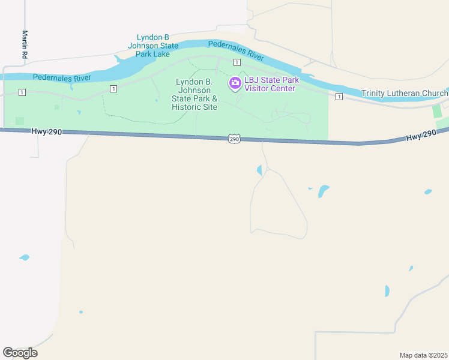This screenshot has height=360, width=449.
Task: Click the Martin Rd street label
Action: [x=25, y=44]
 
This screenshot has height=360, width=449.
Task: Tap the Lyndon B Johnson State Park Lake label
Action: [x=153, y=45]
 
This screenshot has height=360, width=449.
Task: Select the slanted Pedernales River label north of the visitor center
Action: [x=236, y=51]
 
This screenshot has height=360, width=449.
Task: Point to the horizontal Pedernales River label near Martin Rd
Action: [x=62, y=77]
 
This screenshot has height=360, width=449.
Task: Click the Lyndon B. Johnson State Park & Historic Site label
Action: [x=194, y=94]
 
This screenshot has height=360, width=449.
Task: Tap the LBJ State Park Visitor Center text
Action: [x=270, y=85]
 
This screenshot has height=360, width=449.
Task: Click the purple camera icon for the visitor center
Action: [x=235, y=83]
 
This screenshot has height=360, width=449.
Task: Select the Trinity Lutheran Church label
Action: [x=405, y=93]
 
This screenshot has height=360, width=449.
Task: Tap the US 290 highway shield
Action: [x=234, y=139]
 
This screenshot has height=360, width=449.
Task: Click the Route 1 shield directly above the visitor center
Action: [x=237, y=62]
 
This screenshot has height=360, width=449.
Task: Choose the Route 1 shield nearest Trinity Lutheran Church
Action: [x=339, y=97]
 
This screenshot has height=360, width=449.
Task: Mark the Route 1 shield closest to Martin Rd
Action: [x=22, y=92]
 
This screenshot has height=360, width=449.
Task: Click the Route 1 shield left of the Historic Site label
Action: [x=113, y=88]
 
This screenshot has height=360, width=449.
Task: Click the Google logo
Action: [x=20, y=353]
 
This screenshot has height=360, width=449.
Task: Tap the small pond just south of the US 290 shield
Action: [x=259, y=170]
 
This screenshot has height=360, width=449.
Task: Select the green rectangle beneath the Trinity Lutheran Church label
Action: [x=436, y=111]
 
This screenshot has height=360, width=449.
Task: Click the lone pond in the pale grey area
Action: [x=24, y=257]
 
